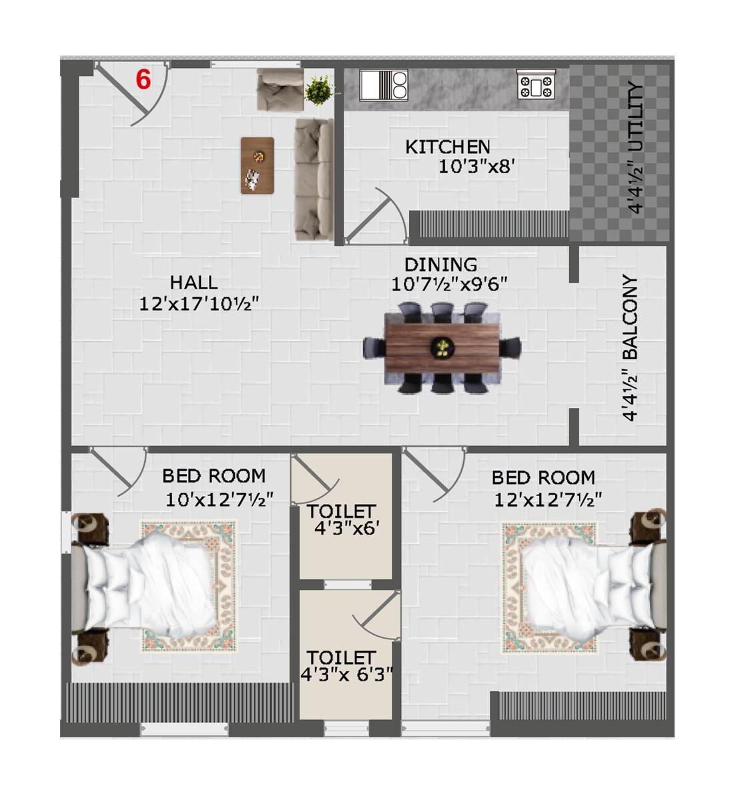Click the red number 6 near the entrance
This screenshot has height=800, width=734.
143,79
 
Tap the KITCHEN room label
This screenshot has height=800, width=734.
448,147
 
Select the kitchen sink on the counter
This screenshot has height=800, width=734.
384,85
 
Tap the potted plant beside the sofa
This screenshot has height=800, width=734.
319,90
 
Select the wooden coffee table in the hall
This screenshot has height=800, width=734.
258,165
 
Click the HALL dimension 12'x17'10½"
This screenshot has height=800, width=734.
199,304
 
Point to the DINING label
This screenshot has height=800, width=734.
441,265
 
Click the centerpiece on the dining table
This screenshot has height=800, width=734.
442,347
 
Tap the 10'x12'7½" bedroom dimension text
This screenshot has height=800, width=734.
219,499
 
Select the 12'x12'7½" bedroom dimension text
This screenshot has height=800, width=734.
548,499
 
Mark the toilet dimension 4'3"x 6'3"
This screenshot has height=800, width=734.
346,675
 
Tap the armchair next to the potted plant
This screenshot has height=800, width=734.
279,89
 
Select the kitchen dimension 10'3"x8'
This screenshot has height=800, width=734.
475,166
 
